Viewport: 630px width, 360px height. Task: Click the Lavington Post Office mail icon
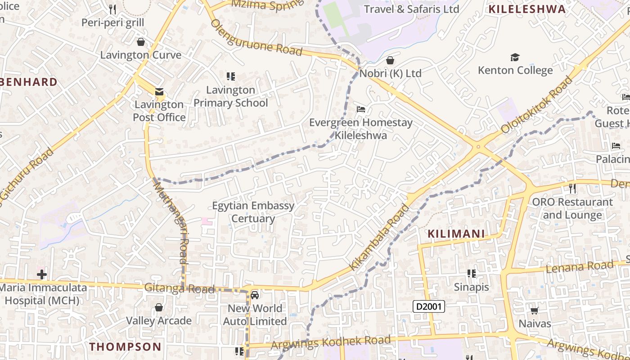(159, 92)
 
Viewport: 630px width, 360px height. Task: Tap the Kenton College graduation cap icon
(515, 57)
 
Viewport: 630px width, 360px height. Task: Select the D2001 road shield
(429, 307)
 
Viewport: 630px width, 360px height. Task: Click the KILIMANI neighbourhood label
(456, 234)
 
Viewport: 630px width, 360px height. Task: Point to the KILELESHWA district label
(527, 9)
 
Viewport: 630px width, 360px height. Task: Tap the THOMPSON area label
(125, 346)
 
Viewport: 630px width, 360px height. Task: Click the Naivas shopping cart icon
(535, 310)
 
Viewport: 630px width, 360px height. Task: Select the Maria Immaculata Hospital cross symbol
(42, 274)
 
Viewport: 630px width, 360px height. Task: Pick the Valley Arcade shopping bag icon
(158, 308)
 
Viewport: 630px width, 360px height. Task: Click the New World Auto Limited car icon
(255, 295)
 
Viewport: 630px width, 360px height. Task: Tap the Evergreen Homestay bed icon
(361, 109)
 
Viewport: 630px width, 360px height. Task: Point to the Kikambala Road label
(380, 237)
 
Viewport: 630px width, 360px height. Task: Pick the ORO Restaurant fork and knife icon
(572, 188)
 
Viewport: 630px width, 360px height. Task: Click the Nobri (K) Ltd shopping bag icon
(390, 60)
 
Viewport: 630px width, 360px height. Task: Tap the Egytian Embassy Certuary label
(253, 212)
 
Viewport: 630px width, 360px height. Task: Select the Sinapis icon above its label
(471, 274)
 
